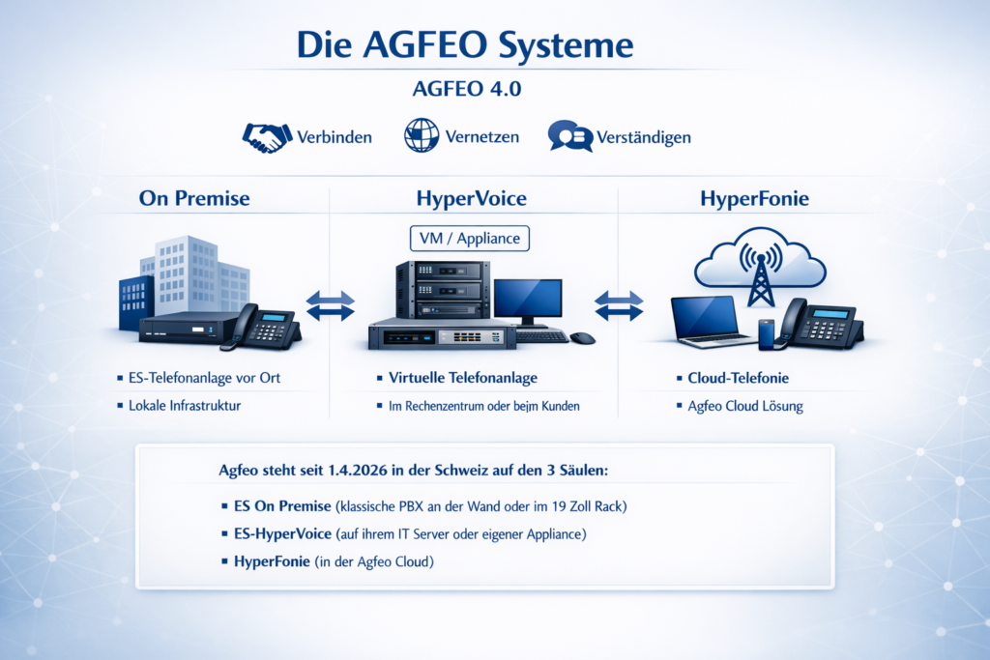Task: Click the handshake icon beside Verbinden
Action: [267, 137]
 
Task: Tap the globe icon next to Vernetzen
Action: [422, 135]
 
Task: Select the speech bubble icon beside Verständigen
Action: [570, 135]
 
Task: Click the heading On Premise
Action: [194, 198]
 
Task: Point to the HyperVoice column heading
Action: [471, 198]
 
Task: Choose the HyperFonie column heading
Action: [754, 198]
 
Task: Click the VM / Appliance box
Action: [470, 239]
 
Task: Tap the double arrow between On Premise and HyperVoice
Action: [331, 306]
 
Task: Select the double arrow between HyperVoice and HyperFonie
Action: [619, 306]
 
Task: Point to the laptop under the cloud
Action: [712, 322]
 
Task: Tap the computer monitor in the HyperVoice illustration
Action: [528, 302]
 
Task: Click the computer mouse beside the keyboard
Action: [582, 338]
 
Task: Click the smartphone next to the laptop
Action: [766, 334]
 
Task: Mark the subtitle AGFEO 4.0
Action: [467, 89]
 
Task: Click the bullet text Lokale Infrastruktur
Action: [185, 406]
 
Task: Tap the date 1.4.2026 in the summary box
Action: [358, 470]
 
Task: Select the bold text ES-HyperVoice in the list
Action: [283, 533]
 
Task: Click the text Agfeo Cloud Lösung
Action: [745, 407]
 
